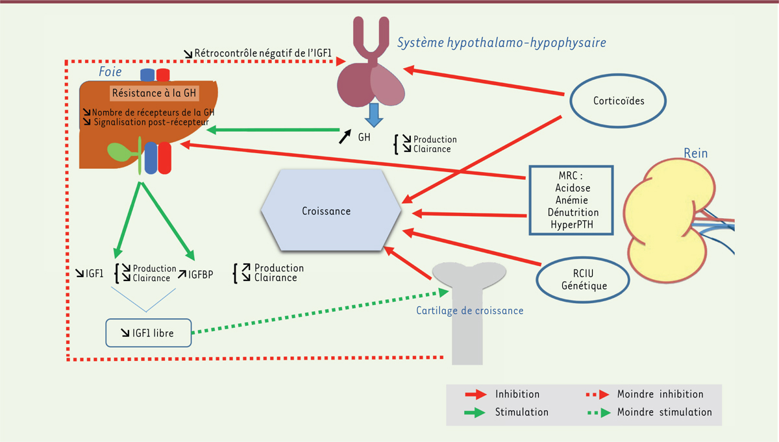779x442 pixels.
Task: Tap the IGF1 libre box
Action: pos(148,333)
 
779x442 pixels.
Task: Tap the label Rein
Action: pos(695,153)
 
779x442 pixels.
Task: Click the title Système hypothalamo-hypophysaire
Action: pos(501,43)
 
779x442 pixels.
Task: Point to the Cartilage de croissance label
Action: pos(469,311)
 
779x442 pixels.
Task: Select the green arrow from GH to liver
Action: pos(273,130)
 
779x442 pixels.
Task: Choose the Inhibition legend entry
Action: pos(517,394)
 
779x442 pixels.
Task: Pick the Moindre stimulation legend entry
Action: pos(664,412)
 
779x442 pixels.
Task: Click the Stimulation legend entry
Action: pos(521,412)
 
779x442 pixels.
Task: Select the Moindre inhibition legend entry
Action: pos(660,394)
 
